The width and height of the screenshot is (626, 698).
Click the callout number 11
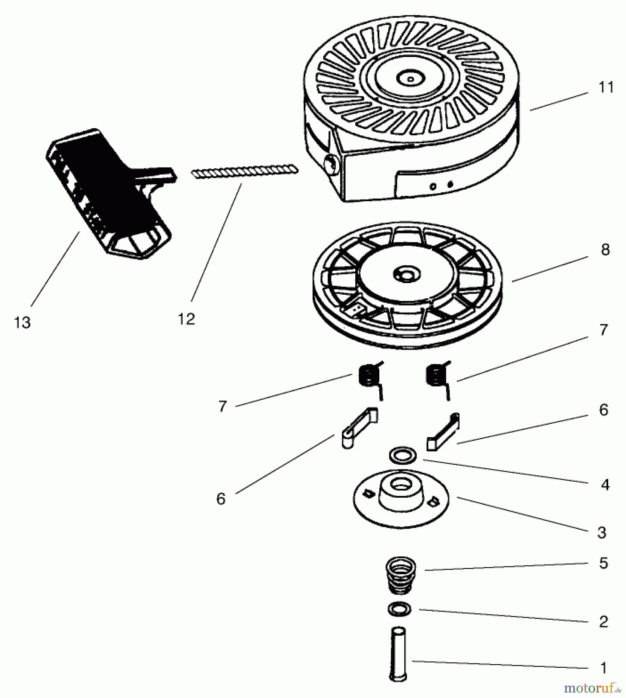(x=606, y=88)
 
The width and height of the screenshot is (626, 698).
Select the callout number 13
(x=22, y=323)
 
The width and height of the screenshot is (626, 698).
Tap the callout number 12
(x=186, y=319)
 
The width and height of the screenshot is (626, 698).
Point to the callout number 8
(x=605, y=250)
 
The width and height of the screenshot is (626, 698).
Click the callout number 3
(x=602, y=532)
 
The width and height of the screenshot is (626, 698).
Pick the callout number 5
(x=603, y=563)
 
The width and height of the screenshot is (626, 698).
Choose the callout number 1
(x=603, y=668)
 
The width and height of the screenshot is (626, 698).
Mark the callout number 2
(x=603, y=622)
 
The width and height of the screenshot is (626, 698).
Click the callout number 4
(x=605, y=484)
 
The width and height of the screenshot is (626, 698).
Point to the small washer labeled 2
(x=399, y=609)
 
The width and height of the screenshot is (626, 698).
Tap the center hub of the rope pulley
(x=406, y=275)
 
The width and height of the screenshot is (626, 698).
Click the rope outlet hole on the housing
(x=331, y=166)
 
